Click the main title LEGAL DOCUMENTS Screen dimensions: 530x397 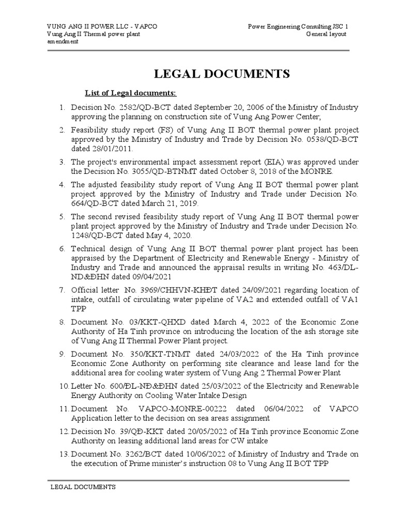tap(220, 74)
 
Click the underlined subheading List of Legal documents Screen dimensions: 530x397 tap(130, 93)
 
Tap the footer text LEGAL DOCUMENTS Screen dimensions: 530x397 tap(83, 488)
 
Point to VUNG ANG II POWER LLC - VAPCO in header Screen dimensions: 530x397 tap(102, 26)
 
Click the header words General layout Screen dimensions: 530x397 tap(326, 34)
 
